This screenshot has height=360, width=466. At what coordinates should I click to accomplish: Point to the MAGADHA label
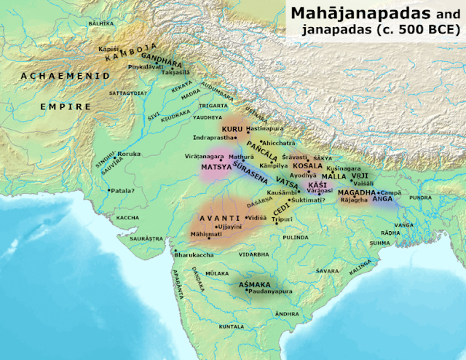(356, 192)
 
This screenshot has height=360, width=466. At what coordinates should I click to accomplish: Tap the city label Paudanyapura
(272, 291)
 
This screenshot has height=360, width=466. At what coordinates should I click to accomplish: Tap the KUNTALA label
(232, 327)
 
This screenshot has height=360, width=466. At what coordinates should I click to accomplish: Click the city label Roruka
(130, 154)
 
